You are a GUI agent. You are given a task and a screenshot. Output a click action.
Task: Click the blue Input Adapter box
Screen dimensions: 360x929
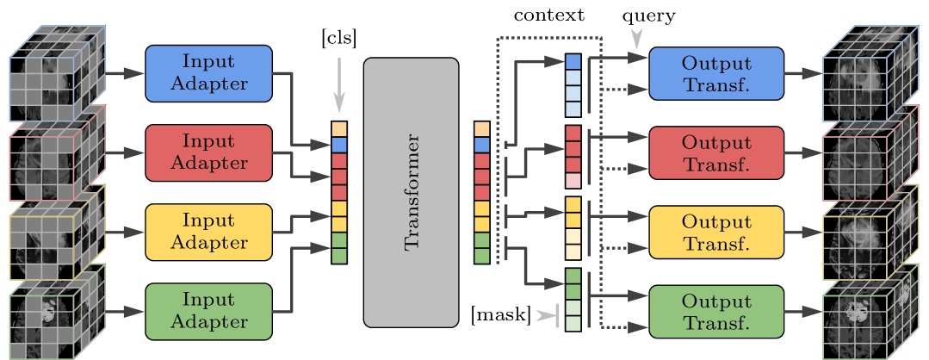coord(208,73)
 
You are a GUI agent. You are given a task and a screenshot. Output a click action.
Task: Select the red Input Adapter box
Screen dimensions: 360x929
coord(208,152)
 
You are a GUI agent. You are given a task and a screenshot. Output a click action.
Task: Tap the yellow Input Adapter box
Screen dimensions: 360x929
coord(208,232)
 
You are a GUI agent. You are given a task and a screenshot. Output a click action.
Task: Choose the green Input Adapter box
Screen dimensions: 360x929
coord(208,311)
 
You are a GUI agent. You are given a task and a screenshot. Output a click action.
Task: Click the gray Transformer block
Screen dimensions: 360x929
coord(411,193)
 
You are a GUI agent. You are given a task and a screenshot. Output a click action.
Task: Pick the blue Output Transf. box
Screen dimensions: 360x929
coord(715,73)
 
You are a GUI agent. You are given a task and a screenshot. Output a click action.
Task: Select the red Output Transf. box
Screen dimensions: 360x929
coord(715,152)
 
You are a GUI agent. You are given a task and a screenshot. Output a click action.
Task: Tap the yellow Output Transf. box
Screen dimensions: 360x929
coord(715,232)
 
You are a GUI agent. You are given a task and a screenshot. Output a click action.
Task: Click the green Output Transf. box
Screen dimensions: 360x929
coord(715,311)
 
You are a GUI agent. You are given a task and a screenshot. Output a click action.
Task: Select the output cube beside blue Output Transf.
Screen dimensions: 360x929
coord(870,73)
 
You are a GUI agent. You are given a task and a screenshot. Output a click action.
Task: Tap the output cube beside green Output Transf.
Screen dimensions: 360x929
coord(870,313)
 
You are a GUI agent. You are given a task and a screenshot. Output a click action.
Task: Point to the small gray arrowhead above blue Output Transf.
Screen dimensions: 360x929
coord(636,38)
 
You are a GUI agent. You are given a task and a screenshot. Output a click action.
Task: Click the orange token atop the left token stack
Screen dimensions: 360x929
coord(339,129)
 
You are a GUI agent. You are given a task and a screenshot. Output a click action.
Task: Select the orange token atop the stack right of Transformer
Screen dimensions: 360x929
coord(481,129)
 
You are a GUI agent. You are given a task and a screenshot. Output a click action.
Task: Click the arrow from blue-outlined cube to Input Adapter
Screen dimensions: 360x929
coord(125,74)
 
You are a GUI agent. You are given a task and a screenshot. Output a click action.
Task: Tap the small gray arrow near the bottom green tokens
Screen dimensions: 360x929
coord(546,316)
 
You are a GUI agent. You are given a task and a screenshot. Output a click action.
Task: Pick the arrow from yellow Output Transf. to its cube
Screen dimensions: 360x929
coord(802,233)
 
